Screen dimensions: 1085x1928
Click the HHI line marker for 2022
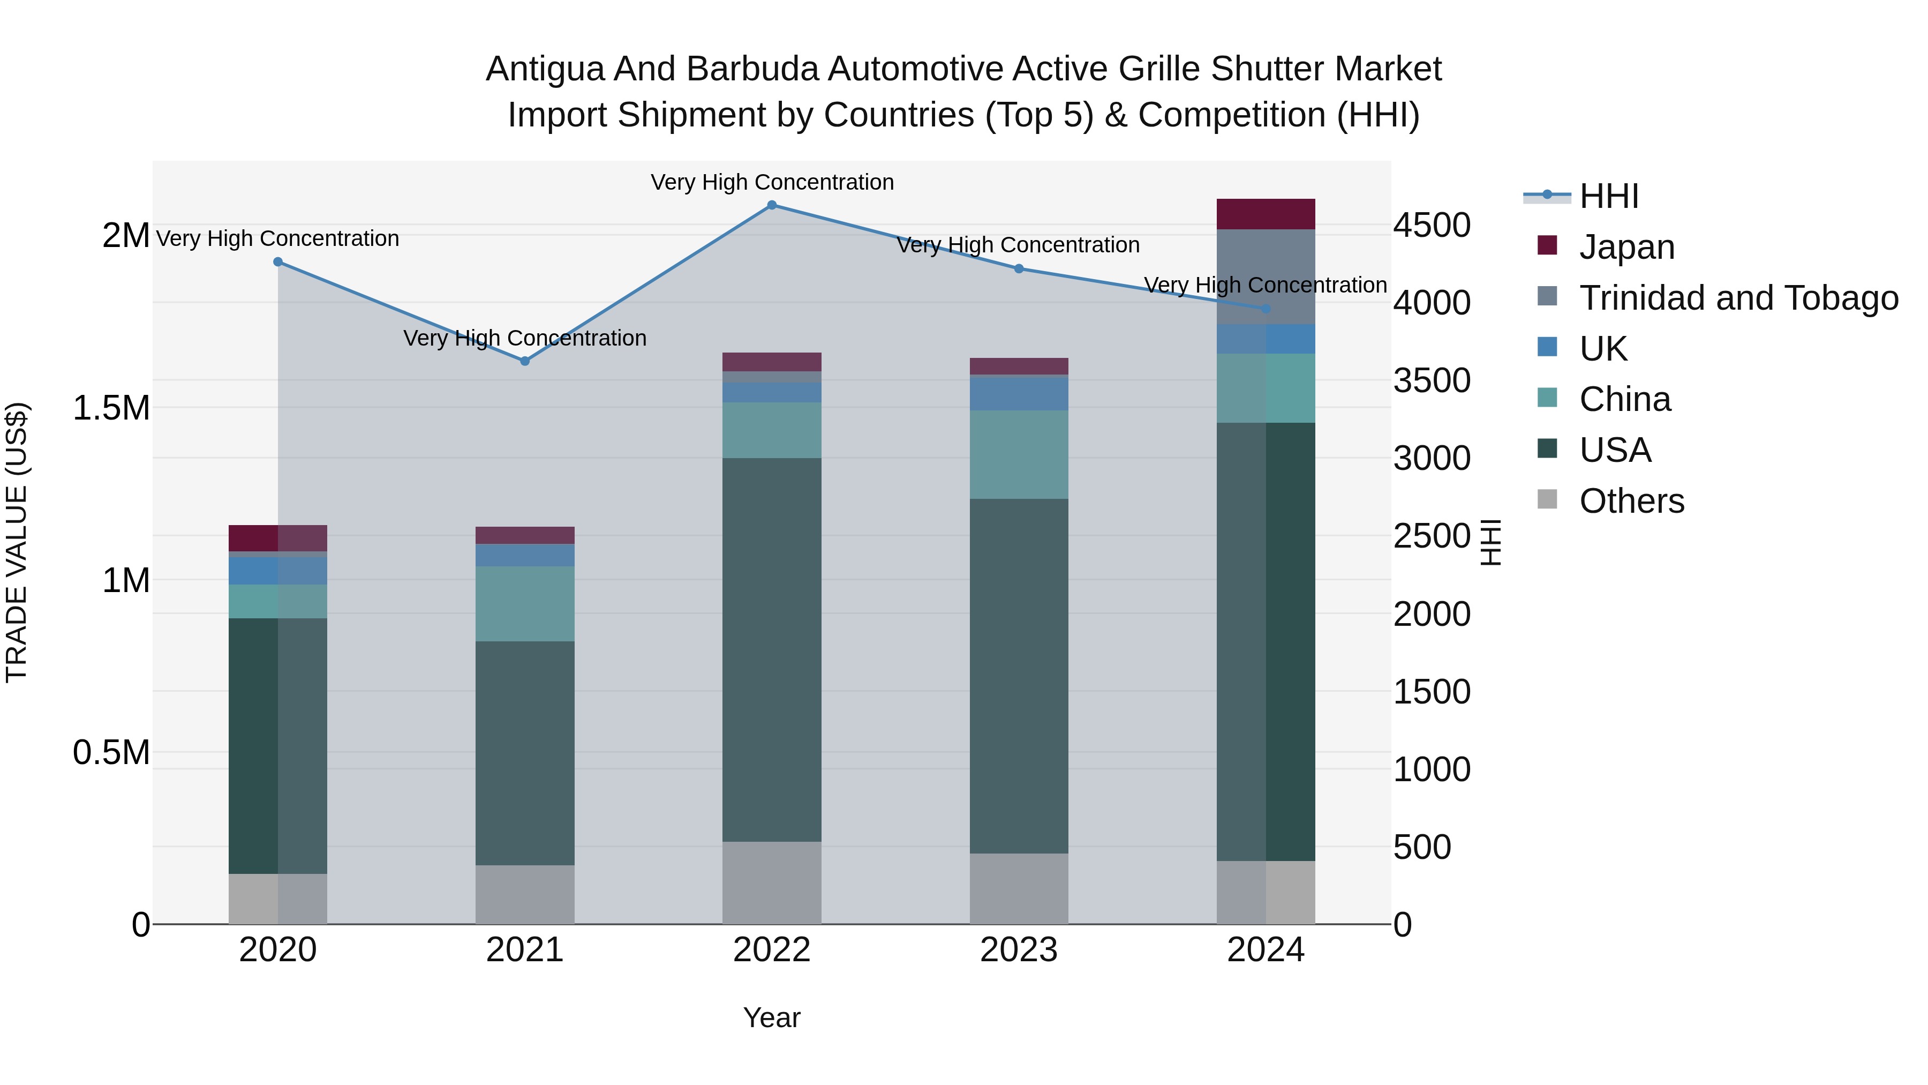pos(772,205)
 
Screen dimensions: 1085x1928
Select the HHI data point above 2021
pos(525,361)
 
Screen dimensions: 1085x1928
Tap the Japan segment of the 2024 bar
pos(1266,214)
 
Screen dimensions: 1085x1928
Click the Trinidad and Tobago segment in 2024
pos(1266,276)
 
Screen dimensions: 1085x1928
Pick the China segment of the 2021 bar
pos(525,603)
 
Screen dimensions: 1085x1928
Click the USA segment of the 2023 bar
pos(1019,676)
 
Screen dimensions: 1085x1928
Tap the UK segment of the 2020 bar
pos(277,571)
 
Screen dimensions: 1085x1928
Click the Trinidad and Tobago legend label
pos(1738,298)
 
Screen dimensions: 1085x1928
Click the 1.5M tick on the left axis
pos(111,409)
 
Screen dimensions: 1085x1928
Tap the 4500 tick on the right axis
pos(1432,226)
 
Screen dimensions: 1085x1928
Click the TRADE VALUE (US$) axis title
pos(17,542)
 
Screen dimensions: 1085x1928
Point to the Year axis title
pos(772,1017)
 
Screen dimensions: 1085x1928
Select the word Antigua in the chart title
pos(544,69)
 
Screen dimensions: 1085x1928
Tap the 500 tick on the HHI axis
pos(1422,848)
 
